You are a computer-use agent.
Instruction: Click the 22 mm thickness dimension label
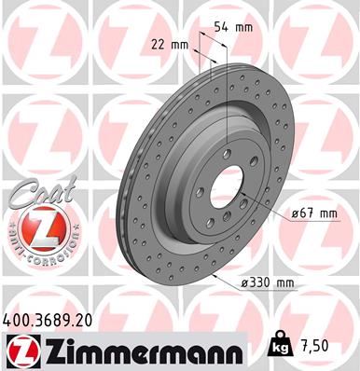tap(170, 44)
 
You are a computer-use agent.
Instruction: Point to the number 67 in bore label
tap(310, 213)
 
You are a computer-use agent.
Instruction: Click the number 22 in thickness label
tap(159, 44)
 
